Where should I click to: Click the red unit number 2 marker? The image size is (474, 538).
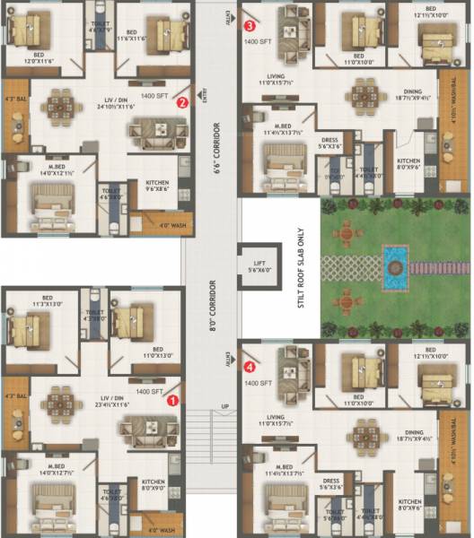182,102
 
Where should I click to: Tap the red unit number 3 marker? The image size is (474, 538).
250,26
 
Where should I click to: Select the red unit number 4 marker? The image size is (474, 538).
250,366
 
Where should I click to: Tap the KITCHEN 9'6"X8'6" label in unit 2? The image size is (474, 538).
158,187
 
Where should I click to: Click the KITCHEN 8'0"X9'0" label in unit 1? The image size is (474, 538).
154,485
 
